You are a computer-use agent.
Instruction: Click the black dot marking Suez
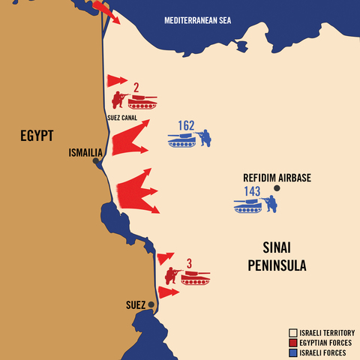pos(151,304)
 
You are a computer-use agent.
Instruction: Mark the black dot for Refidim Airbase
pos(276,189)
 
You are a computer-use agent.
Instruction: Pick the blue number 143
pos(251,191)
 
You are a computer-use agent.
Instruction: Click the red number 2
pos(136,87)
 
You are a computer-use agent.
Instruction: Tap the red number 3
pos(189,263)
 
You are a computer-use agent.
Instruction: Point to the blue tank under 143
pos(247,205)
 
